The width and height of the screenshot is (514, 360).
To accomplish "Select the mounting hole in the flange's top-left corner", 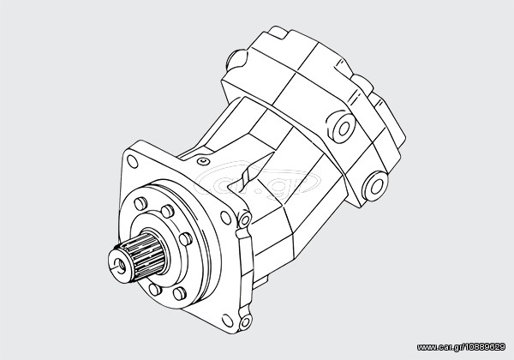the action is tap(132, 162).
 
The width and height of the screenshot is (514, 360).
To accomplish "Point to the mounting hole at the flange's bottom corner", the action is tap(227, 321).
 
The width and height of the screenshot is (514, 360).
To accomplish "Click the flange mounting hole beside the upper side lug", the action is tap(225, 218).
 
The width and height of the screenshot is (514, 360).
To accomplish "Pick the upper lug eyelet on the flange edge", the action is tap(245, 219).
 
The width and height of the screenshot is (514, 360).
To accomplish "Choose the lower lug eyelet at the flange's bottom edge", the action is tap(246, 321).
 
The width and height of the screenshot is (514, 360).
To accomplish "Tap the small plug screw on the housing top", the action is tap(204, 161).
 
